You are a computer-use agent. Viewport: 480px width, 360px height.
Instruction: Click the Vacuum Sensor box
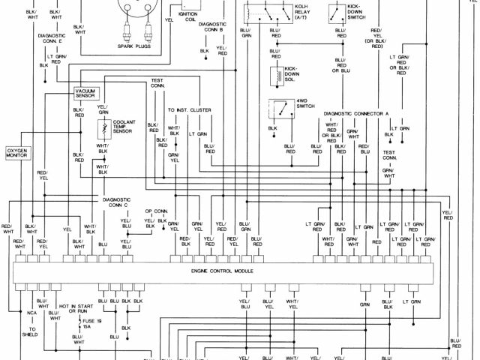(x=85, y=93)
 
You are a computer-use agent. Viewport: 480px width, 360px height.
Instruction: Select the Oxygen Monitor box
(x=17, y=153)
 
